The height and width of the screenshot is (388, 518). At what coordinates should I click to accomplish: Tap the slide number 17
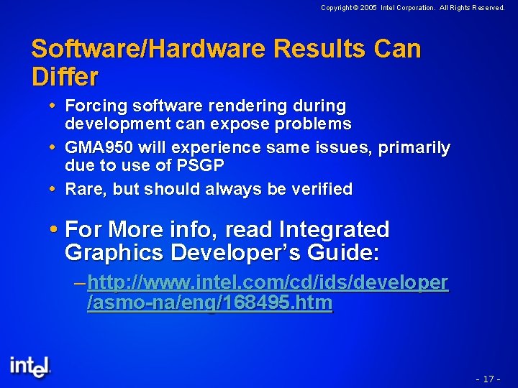click(488, 379)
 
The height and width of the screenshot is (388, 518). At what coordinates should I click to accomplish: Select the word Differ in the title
click(65, 75)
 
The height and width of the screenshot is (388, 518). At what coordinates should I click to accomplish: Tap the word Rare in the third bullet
click(83, 189)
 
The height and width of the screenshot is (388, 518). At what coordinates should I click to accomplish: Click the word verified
click(319, 189)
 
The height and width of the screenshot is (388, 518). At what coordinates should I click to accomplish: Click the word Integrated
click(334, 230)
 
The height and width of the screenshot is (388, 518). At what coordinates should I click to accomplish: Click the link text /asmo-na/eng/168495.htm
click(209, 303)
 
